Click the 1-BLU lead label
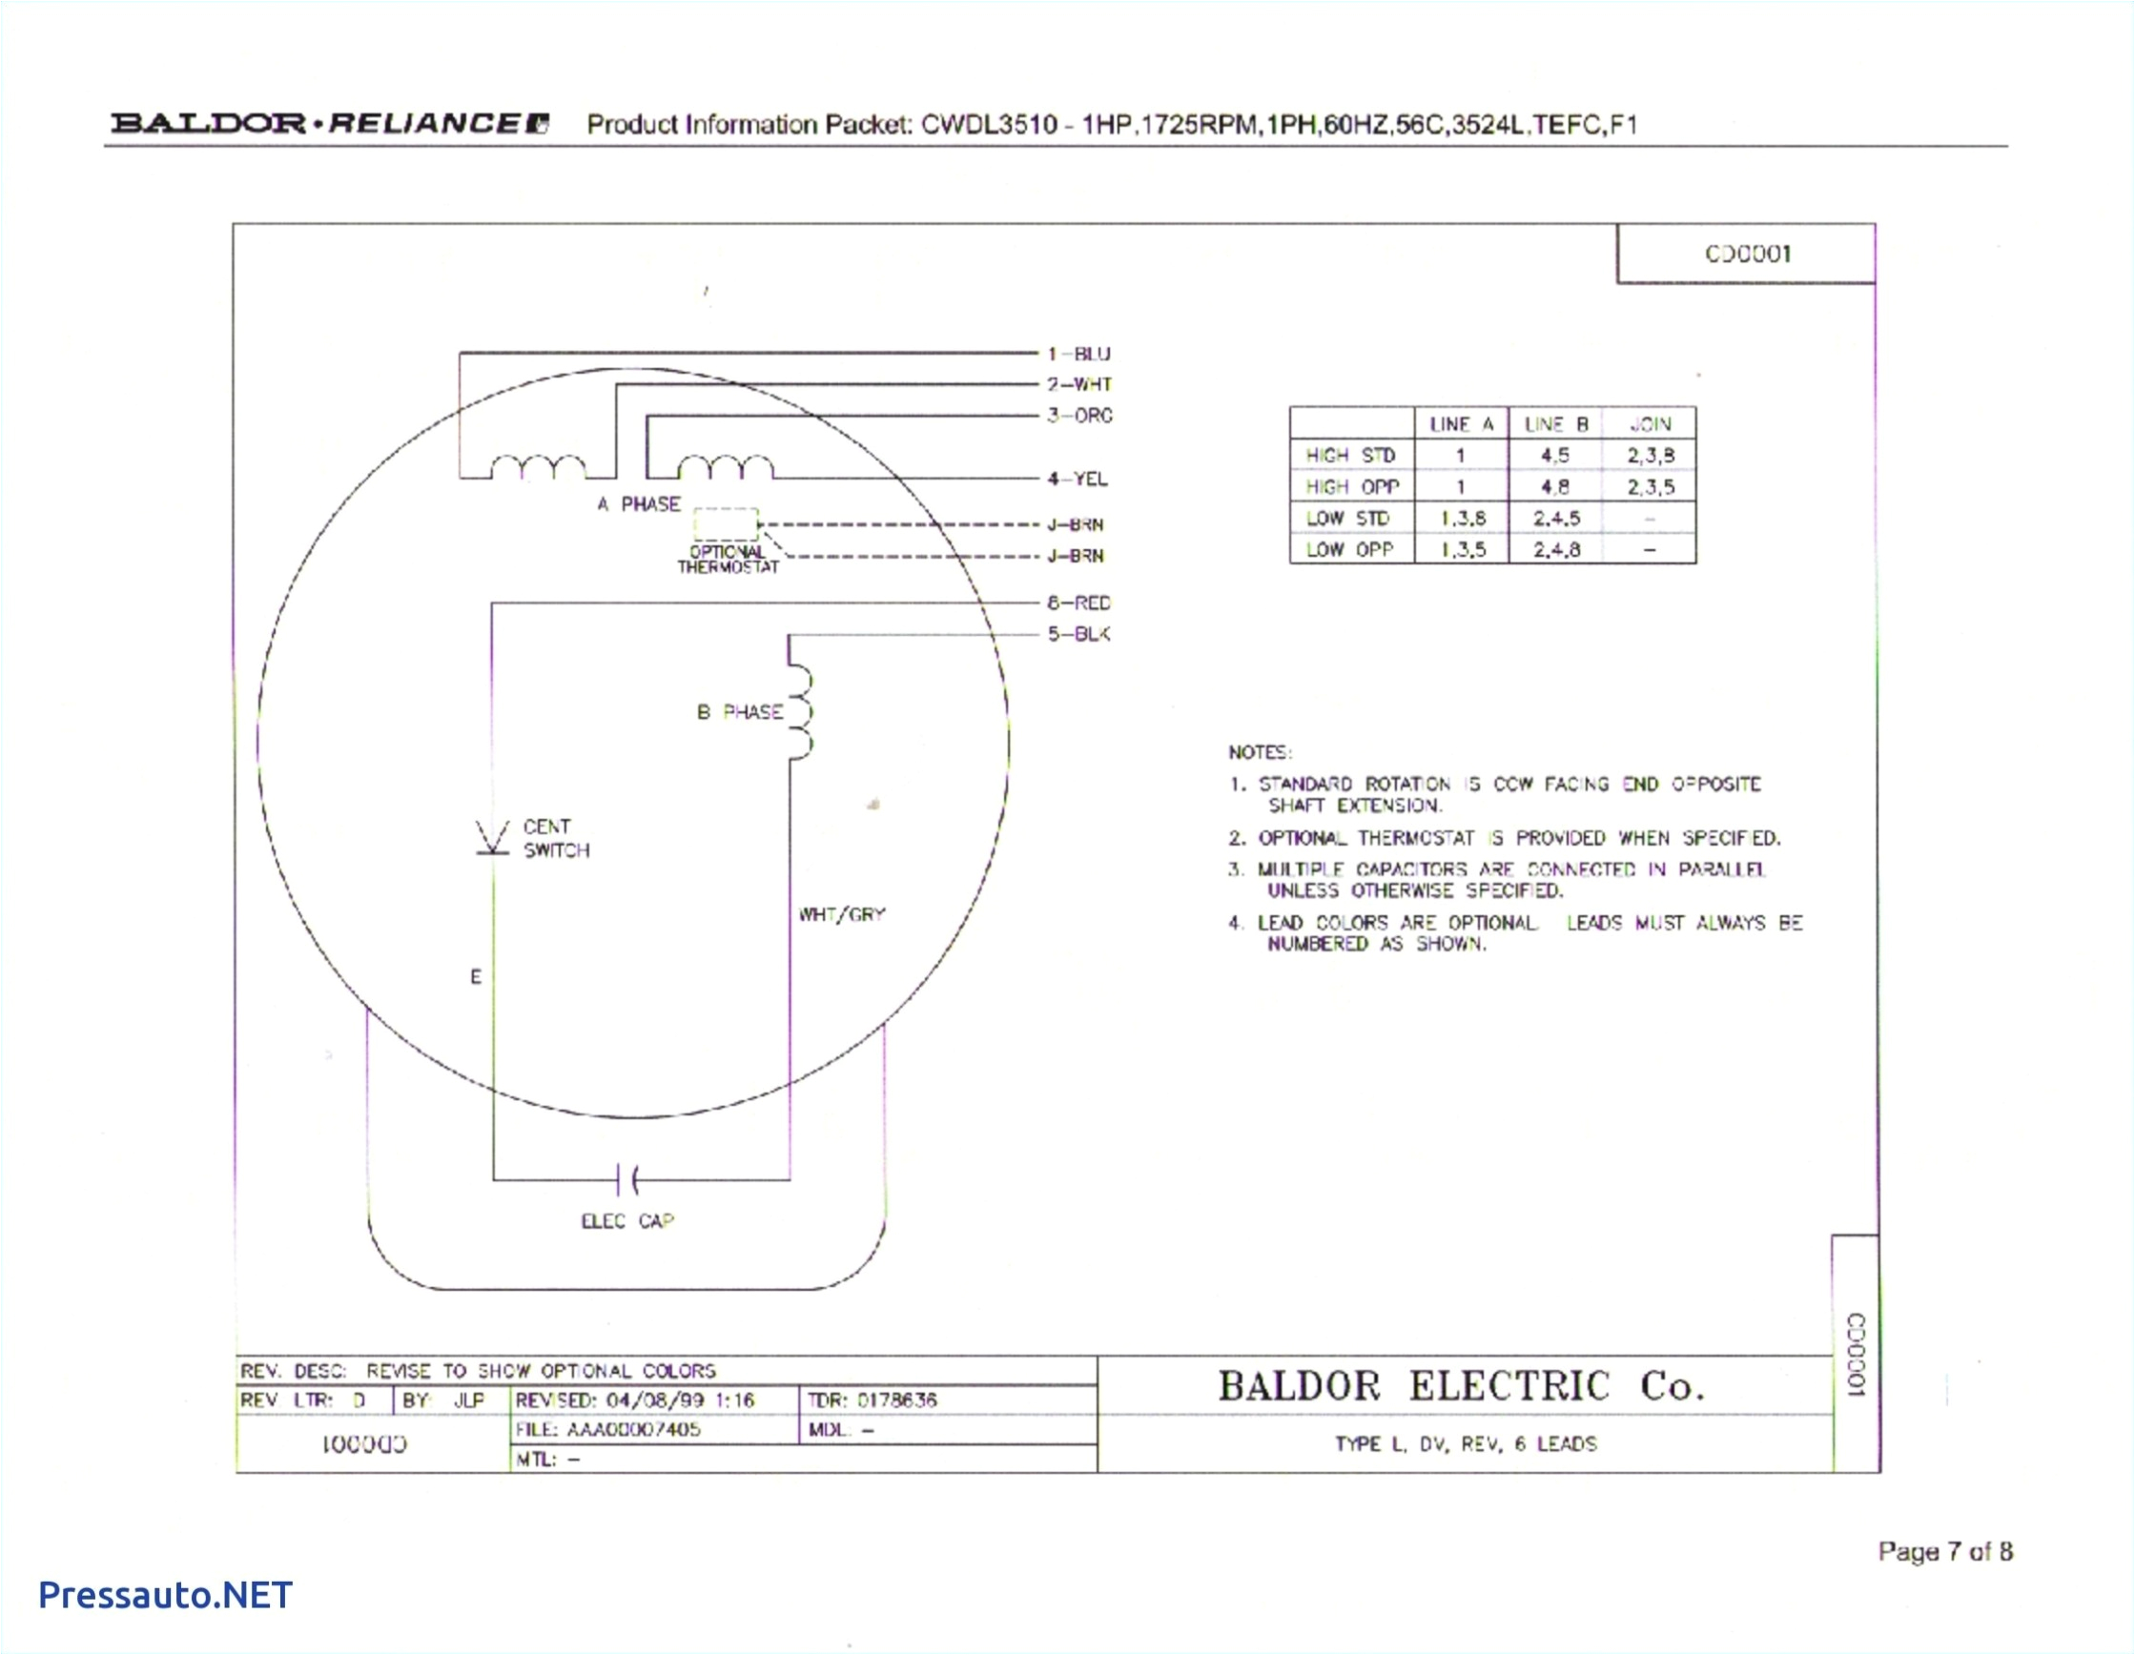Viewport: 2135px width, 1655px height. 1078,354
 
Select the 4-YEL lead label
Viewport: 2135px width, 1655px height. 1078,479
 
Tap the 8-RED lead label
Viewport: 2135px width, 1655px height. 1078,603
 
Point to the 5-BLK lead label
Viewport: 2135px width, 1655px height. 1078,634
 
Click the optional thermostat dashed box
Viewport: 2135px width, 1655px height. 726,524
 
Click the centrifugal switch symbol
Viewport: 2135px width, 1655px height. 493,839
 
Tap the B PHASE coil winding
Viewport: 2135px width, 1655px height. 801,713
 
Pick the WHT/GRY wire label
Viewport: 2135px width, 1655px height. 842,915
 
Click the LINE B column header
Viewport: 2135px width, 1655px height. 1555,424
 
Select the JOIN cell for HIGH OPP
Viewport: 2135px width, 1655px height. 1651,487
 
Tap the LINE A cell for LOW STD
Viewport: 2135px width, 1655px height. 1462,518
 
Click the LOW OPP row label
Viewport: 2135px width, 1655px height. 1349,549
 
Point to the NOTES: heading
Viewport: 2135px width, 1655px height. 1259,753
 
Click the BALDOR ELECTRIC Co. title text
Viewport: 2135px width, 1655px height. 1462,1386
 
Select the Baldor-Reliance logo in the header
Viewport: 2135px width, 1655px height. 331,123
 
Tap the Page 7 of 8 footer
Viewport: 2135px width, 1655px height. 1944,1551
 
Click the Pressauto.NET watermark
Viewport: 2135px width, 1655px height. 165,1595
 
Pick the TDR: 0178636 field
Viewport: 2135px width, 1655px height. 872,1400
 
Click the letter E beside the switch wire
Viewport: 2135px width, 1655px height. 476,976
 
